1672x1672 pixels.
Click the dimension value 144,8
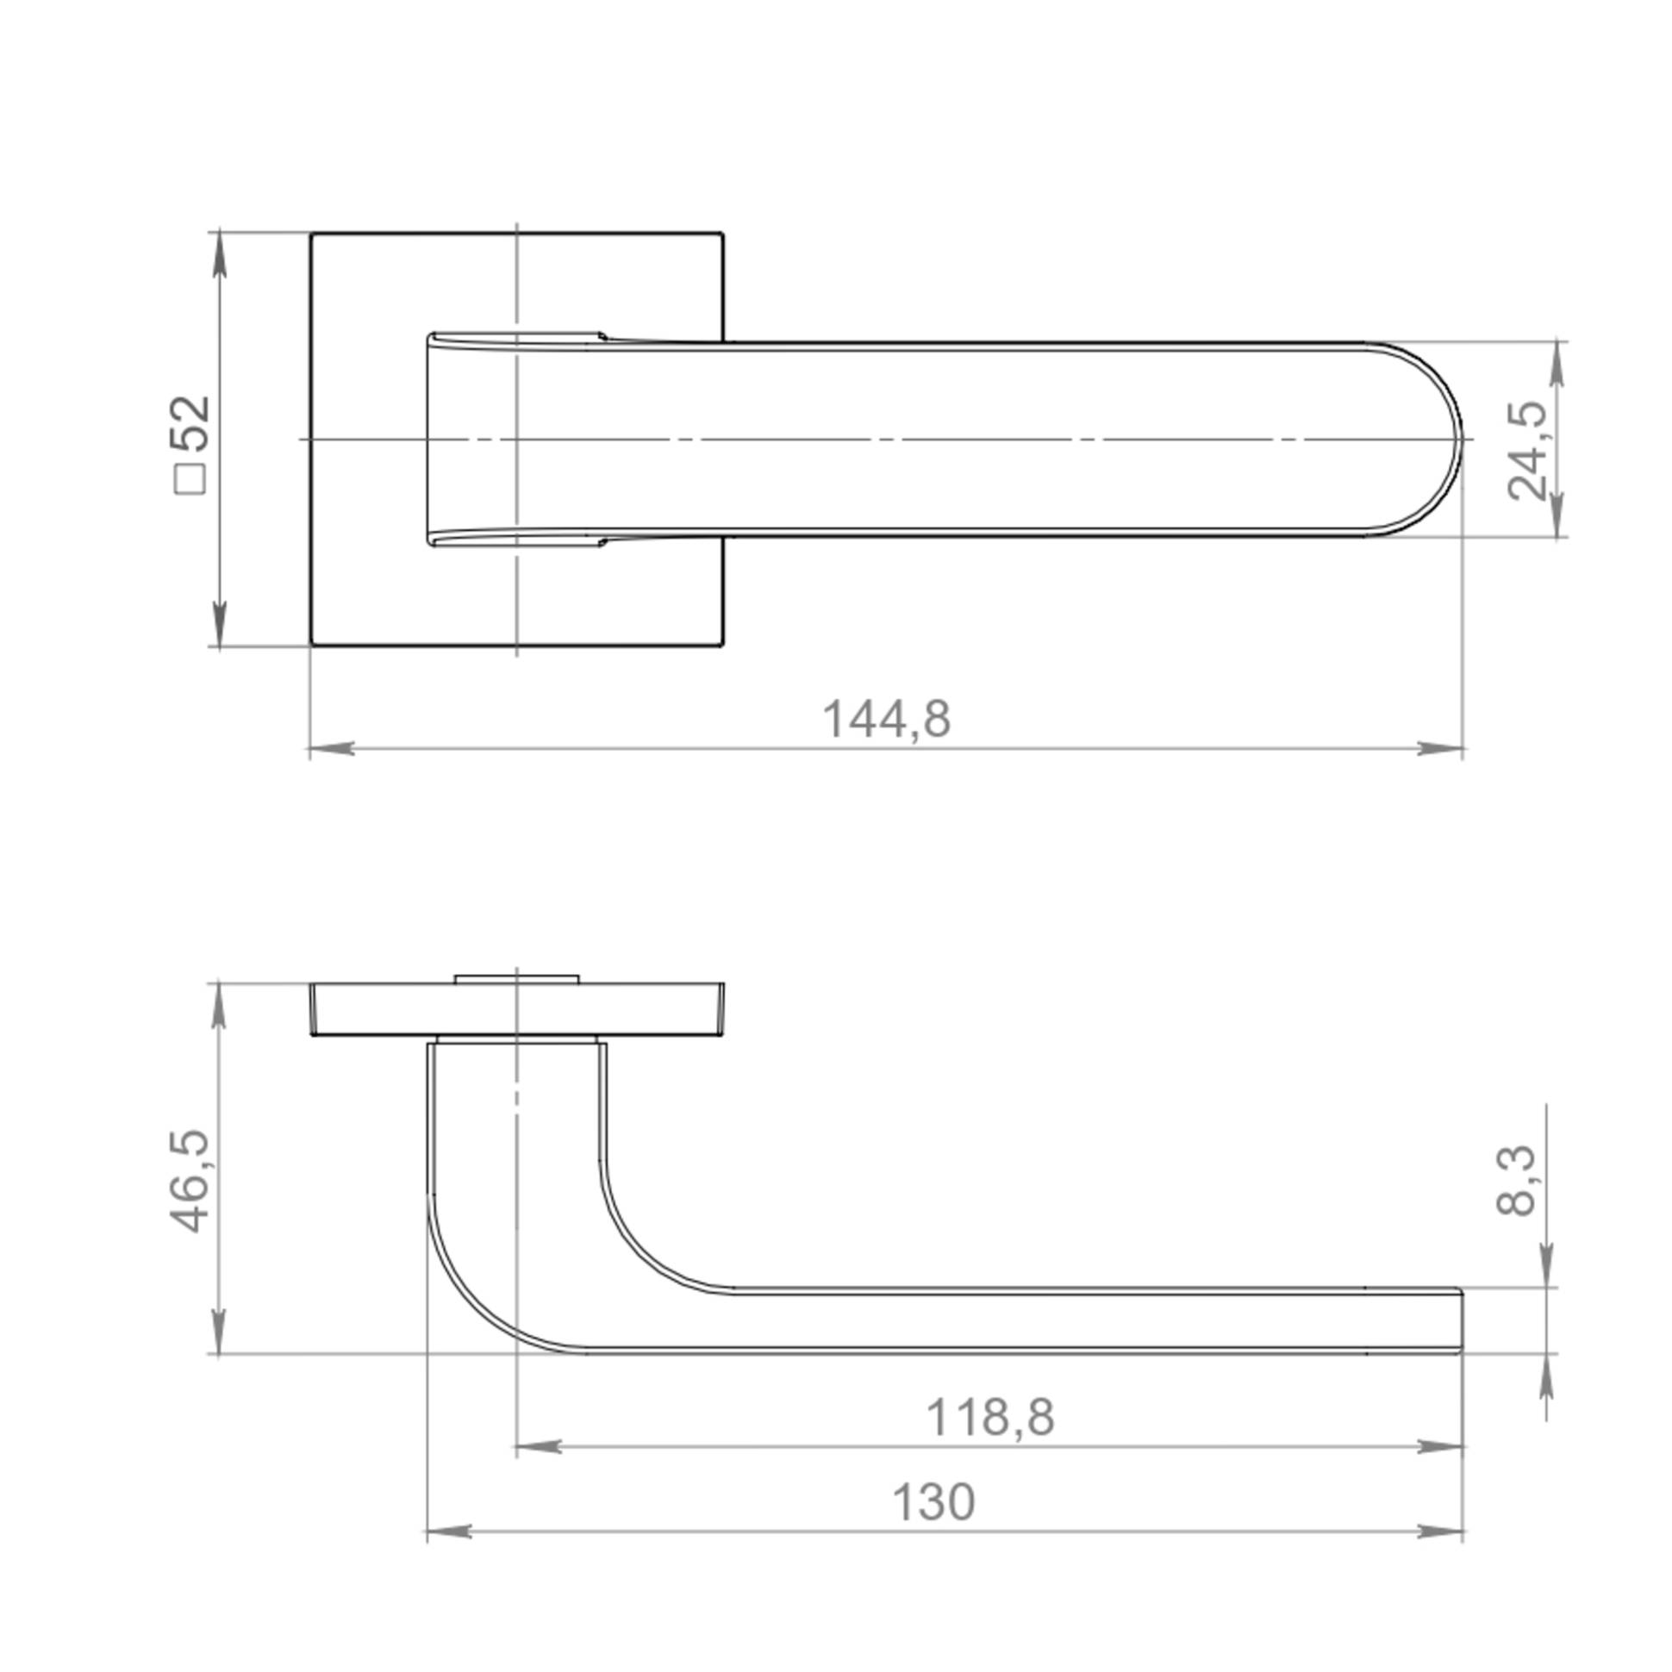click(886, 719)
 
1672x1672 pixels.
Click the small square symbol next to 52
click(191, 479)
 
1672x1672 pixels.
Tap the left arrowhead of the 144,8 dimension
click(333, 748)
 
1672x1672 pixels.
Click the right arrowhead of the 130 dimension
click(1440, 1532)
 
